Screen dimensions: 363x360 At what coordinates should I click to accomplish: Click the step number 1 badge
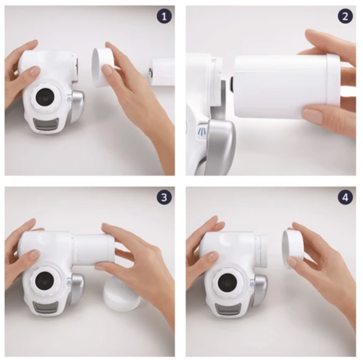click(x=165, y=16)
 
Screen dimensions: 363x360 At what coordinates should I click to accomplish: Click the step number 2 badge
click(x=345, y=16)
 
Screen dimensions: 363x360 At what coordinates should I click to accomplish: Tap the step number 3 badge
click(x=165, y=197)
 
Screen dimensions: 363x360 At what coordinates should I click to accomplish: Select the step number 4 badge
click(x=345, y=197)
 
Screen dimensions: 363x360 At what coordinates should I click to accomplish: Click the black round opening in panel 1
click(x=45, y=97)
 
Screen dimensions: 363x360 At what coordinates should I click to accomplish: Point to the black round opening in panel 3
click(x=45, y=280)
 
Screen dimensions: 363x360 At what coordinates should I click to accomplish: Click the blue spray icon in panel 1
click(x=69, y=99)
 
